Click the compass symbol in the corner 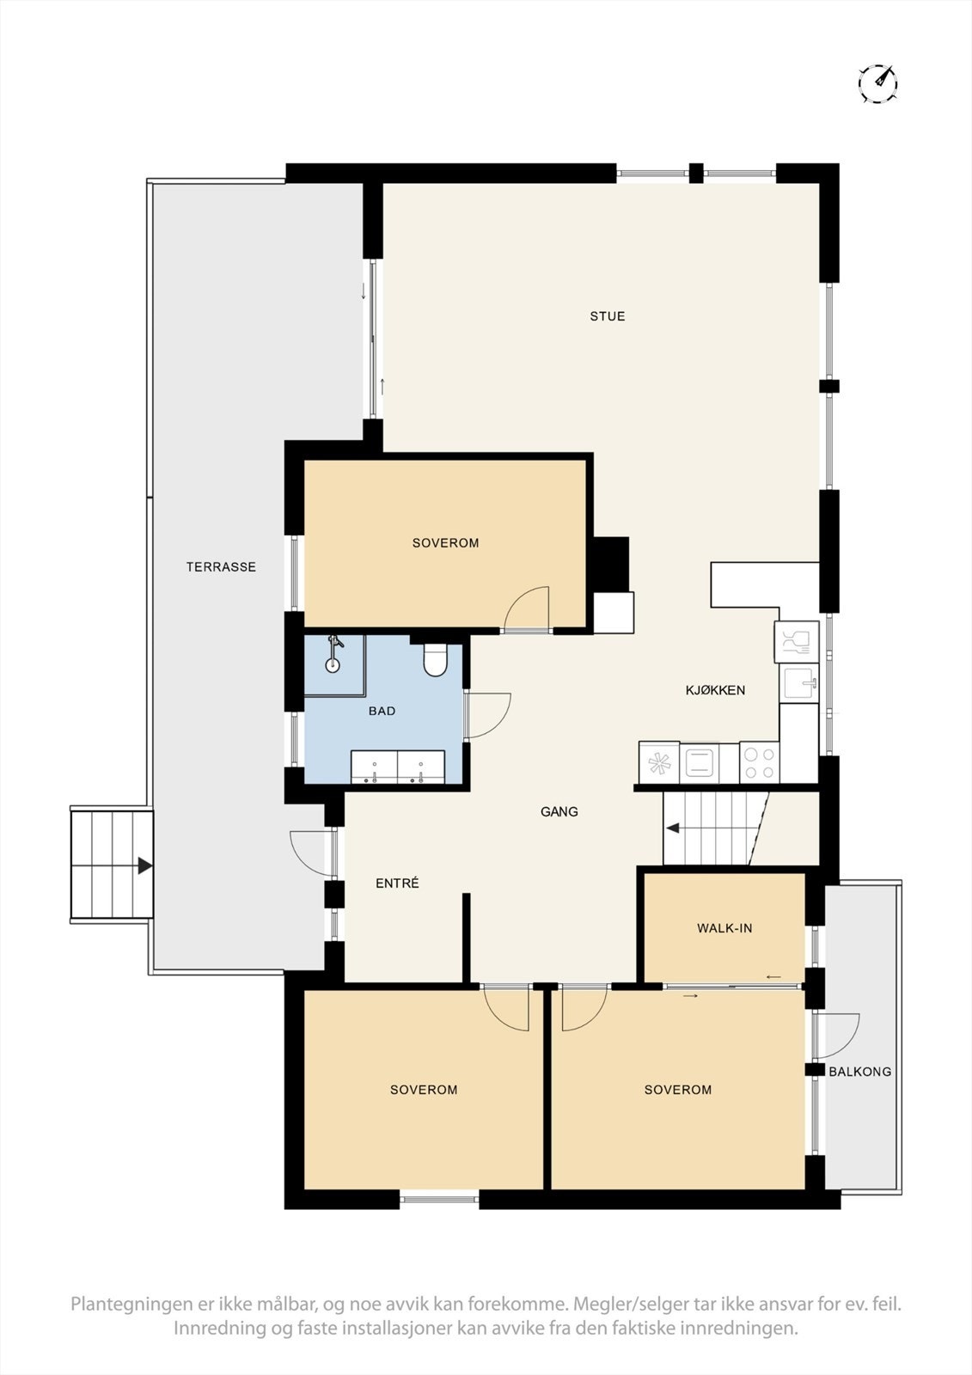877,83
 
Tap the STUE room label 607,316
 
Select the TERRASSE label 221,567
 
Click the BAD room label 382,711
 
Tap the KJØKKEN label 715,690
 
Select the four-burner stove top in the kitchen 760,762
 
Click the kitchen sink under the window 799,684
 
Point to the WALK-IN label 724,928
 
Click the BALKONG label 859,1072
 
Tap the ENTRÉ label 397,883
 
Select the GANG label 559,811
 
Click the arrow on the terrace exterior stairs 144,865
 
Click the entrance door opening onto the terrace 309,851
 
